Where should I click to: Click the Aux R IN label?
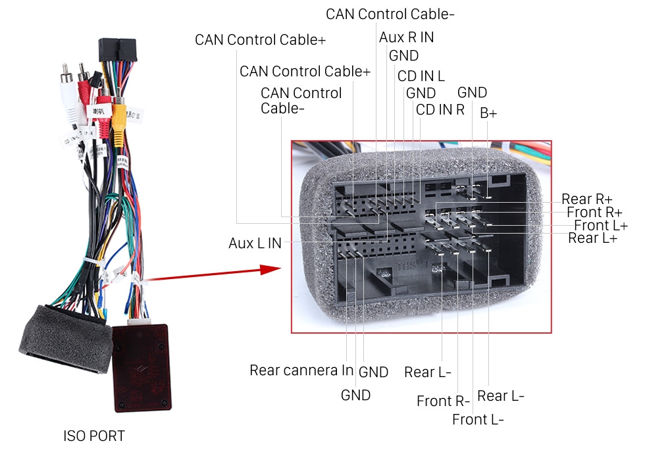406,38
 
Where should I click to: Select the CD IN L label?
421,76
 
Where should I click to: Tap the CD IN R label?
440,109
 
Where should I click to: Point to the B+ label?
488,113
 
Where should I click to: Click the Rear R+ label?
586,199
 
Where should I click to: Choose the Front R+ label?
594,212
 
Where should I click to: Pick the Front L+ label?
600,226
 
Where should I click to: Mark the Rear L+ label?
592,238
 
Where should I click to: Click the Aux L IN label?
255,244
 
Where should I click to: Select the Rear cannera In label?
301,371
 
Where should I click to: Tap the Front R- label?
443,401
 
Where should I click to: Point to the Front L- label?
478,419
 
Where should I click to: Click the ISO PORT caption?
93,436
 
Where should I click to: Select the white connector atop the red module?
140,319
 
